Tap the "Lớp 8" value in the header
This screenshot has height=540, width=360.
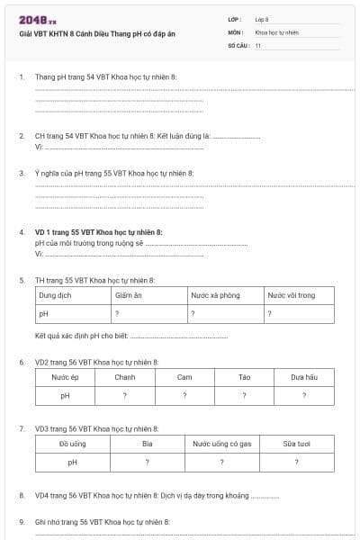tap(262, 19)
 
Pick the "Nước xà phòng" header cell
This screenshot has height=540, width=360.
tap(214, 295)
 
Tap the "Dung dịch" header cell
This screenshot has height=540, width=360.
tap(55, 295)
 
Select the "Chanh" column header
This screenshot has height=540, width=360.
tap(125, 377)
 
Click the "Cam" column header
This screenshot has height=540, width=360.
tap(184, 377)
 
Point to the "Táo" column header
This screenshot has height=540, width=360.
tap(244, 377)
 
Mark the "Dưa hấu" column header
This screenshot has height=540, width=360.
tap(304, 377)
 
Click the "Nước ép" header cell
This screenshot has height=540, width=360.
tap(65, 377)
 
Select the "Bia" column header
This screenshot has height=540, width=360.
tap(148, 444)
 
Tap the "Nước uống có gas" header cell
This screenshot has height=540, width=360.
tap(221, 444)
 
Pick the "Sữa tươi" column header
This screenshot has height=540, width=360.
tap(296, 444)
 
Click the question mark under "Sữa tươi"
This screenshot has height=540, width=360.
tap(296, 463)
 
